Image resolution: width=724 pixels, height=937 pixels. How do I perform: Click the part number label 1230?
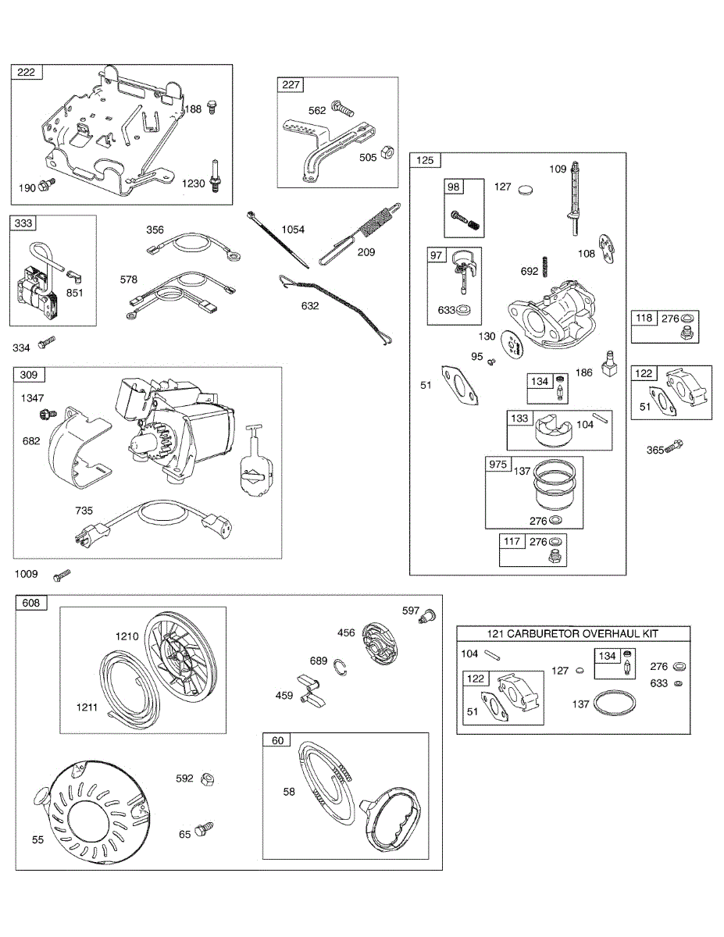tap(193, 183)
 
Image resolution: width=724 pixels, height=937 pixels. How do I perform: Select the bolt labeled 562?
tap(342, 108)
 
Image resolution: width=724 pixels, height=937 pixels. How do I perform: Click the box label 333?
tap(23, 223)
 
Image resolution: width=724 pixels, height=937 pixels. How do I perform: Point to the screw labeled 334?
tap(47, 342)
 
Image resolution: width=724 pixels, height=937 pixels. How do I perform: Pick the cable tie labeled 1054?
tap(278, 240)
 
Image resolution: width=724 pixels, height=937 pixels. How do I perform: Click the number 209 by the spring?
tap(366, 252)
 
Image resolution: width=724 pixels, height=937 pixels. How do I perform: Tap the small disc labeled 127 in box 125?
tap(525, 189)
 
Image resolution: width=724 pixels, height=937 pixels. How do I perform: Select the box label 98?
tap(454, 187)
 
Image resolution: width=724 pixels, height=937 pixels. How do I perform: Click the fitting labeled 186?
tap(609, 363)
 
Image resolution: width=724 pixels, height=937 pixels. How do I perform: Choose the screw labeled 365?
tap(675, 445)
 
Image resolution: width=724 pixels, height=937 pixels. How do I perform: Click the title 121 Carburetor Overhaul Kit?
tap(572, 633)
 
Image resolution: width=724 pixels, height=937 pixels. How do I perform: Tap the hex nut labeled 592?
tap(208, 778)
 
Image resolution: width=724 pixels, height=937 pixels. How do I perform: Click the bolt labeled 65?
tap(204, 828)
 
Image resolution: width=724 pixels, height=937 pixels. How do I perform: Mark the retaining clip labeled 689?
tap(341, 668)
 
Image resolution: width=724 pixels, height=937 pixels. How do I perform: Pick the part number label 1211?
tap(87, 707)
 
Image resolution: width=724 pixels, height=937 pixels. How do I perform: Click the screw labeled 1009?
tap(62, 575)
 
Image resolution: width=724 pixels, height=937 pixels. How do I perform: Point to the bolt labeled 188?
tap(212, 107)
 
